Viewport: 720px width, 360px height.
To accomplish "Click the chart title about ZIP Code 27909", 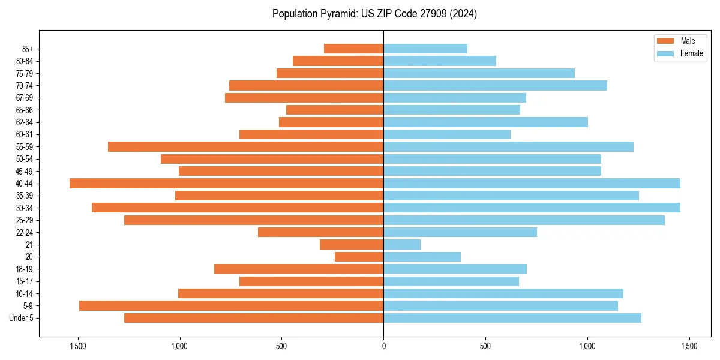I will [374, 14].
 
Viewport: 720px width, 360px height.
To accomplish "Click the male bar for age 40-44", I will [226, 184].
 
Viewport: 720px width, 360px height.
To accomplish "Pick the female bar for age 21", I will [402, 245].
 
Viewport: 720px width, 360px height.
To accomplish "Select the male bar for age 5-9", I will [231, 306].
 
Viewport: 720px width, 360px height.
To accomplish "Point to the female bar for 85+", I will [425, 49].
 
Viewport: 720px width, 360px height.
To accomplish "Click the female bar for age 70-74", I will [495, 85].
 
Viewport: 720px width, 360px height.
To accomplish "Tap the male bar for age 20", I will [359, 257].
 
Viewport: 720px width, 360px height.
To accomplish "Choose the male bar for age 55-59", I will [245, 147].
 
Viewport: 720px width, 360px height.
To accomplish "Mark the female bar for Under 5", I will [512, 318].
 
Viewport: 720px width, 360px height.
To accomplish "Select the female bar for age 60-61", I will [447, 134].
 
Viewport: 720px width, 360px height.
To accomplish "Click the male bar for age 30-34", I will [238, 208].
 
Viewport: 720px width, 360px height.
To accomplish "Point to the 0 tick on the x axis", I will [383, 346].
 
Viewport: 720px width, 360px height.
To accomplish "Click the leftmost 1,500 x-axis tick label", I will [78, 346].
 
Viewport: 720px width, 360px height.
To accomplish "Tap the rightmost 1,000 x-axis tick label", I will [587, 346].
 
